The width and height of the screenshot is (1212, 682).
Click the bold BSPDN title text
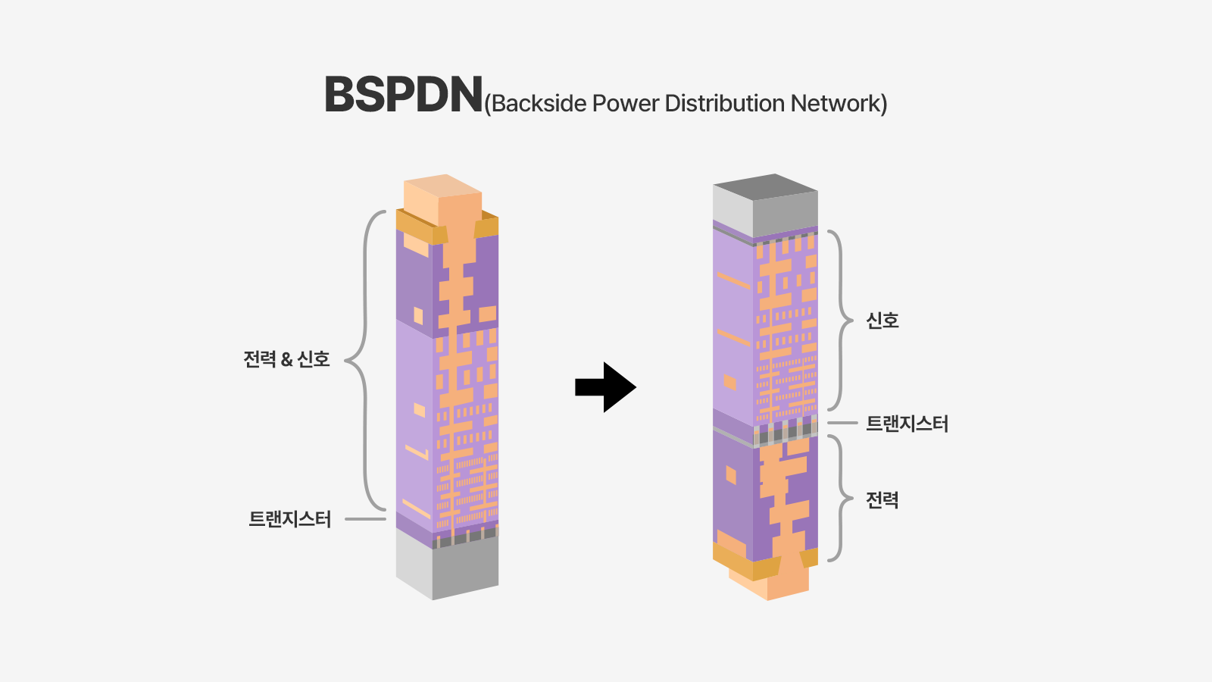pos(403,95)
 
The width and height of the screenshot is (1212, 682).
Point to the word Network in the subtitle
pos(836,104)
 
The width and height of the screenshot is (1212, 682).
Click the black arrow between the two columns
pos(605,387)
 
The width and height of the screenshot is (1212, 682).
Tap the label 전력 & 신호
pos(286,359)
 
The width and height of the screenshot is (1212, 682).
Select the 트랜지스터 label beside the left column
pos(290,519)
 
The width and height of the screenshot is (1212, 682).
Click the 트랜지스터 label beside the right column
pos(907,424)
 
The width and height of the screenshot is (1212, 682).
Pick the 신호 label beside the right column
pos(882,321)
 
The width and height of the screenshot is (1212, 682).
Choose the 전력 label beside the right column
pos(882,500)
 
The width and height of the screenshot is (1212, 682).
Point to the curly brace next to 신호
pos(840,321)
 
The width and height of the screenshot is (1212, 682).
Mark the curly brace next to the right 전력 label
pos(840,499)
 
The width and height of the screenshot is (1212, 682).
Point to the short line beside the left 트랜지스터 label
pos(365,519)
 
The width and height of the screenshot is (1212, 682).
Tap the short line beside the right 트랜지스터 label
pos(842,423)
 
